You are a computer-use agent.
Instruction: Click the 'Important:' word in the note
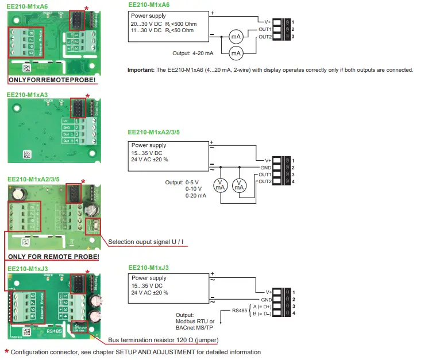pos(141,70)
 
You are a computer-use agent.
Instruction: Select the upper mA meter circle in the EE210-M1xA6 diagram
pos(235,36)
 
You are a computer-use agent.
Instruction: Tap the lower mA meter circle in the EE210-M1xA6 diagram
pos(235,53)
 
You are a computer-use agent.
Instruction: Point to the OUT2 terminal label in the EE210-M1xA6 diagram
pos(265,37)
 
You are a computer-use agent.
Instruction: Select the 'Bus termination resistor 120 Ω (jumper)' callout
pos(163,339)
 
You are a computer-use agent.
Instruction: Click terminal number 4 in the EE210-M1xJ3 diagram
pos(293,313)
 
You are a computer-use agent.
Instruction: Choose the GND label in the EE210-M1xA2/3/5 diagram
pos(266,167)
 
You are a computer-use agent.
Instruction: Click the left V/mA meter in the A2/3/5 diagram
pos(219,184)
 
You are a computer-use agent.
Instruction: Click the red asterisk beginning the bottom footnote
pos(6,352)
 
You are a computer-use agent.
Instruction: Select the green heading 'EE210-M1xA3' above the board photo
pos(27,95)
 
